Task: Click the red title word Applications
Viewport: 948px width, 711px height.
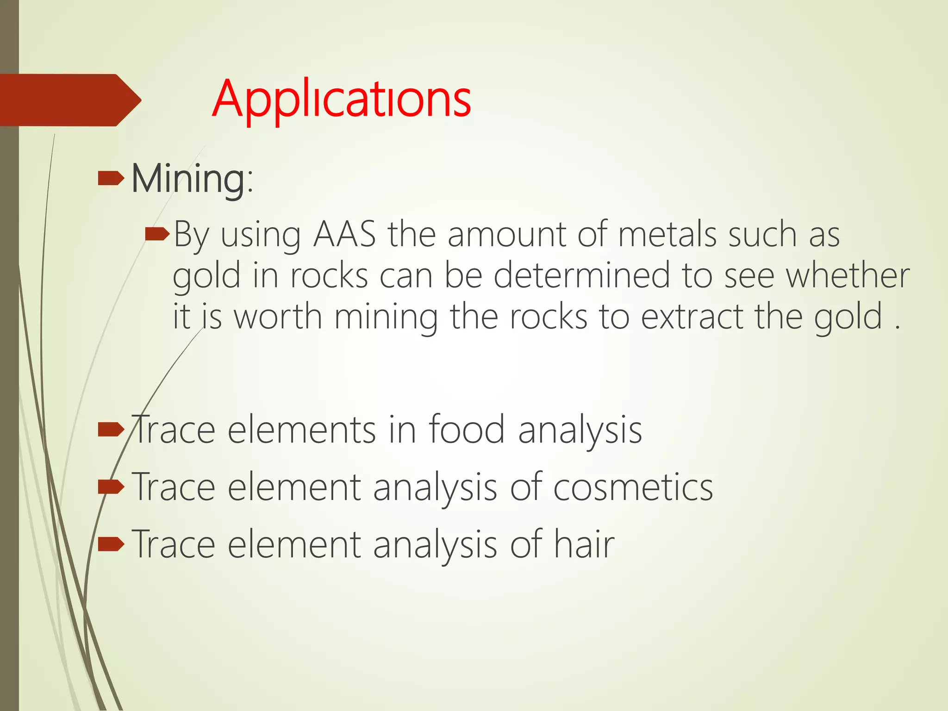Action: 342,100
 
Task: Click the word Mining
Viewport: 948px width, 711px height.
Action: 188,180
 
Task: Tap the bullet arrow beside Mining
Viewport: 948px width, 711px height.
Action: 111,178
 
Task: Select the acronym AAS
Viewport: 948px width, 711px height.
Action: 344,235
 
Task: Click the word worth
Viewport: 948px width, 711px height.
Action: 278,317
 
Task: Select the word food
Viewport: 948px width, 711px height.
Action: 466,430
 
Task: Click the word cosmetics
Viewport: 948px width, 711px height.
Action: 633,487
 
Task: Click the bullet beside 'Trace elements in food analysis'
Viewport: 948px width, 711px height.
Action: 111,430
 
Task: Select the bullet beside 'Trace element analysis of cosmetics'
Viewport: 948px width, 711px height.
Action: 111,487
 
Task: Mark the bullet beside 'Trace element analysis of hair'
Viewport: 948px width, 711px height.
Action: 111,544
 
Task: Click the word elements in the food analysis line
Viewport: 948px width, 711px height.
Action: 301,430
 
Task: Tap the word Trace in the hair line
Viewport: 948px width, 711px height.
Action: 174,544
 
